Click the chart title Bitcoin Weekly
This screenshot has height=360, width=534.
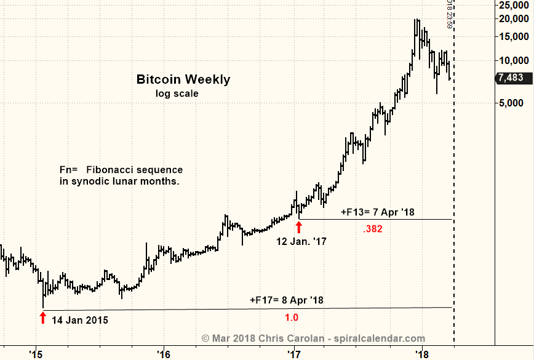(183, 79)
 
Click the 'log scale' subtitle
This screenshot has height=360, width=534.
(177, 94)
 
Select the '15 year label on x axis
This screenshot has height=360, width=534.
(36, 354)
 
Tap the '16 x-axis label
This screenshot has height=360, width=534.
(164, 354)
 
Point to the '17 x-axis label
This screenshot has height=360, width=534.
(293, 354)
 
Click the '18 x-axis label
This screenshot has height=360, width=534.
(422, 354)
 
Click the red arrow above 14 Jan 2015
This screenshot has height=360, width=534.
(42, 318)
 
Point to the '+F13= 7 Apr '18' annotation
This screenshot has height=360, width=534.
(378, 212)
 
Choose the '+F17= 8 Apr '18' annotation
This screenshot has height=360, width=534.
(287, 300)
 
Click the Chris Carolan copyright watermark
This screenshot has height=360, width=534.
(313, 338)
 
